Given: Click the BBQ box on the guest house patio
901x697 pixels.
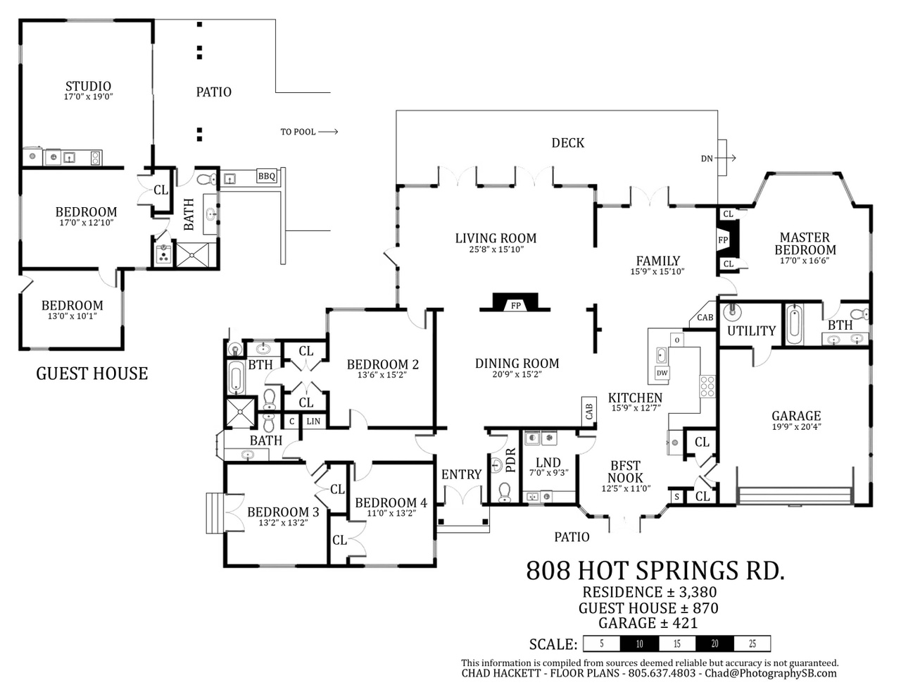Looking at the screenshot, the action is coord(267,176).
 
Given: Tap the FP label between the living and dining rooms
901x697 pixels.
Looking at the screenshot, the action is coord(515,306).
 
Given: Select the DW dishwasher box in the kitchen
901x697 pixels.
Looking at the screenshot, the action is coord(662,372).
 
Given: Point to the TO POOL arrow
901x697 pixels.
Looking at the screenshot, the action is coord(328,132).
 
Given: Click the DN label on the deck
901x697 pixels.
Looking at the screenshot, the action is coord(707,158).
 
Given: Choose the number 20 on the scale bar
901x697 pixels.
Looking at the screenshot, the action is coord(715,643).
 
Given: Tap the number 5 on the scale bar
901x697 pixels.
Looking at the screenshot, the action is coord(602,643).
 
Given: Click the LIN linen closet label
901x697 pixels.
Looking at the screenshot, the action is coord(313,421).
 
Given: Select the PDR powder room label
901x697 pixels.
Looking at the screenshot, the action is coord(511,459).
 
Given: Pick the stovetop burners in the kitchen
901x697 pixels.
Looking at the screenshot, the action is coord(707,386).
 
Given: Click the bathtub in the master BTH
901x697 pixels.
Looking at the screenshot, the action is coord(794,324).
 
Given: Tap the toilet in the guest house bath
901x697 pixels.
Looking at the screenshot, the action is coord(206,179).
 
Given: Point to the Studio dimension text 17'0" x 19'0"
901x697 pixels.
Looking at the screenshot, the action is coord(88,97).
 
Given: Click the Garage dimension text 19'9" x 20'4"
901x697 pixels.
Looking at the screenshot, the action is coord(796,426).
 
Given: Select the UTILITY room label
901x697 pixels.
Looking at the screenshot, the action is coord(751,331).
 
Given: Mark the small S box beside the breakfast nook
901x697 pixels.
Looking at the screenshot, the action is coord(676,496).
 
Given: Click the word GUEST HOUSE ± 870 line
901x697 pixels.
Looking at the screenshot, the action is coord(648,608).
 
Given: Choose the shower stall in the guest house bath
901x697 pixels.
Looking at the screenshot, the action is coord(192,255).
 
